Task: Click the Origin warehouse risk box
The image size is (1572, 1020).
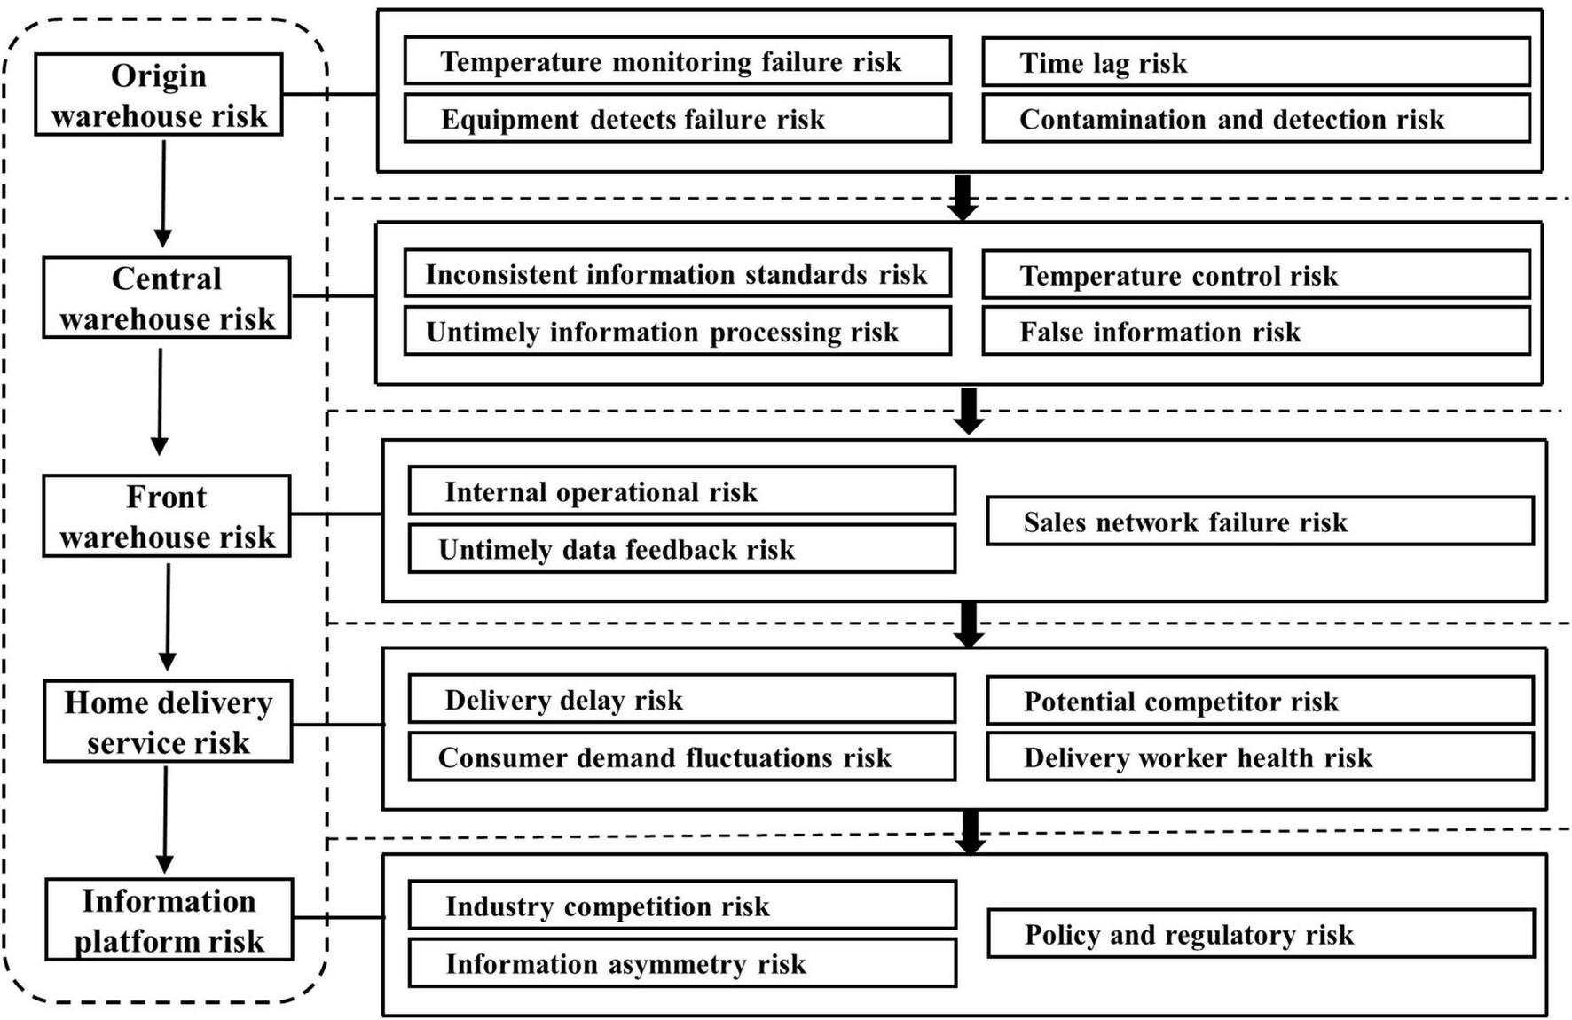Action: point(159,95)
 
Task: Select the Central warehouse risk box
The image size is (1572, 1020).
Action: point(167,298)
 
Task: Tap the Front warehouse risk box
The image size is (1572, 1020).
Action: point(167,516)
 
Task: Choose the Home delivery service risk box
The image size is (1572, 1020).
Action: point(168,721)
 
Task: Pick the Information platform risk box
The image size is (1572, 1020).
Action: point(169,920)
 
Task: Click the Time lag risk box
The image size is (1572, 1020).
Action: point(1255,62)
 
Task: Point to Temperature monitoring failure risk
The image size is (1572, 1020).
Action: point(677,61)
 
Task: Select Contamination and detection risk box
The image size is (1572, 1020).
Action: point(1255,119)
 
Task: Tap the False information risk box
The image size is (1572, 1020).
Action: point(1255,332)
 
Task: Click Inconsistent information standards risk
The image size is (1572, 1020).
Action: point(677,274)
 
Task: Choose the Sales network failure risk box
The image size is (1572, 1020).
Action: point(1260,522)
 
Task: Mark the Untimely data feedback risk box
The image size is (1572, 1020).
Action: point(681,549)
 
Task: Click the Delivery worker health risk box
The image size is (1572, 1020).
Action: point(1260,757)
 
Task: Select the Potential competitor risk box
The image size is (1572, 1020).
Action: point(1260,701)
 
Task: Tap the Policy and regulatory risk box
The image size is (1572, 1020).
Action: point(1260,934)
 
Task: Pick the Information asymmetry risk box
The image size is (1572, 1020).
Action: point(681,963)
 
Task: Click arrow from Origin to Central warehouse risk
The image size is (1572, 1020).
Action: point(163,193)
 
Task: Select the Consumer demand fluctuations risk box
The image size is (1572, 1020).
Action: point(681,757)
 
